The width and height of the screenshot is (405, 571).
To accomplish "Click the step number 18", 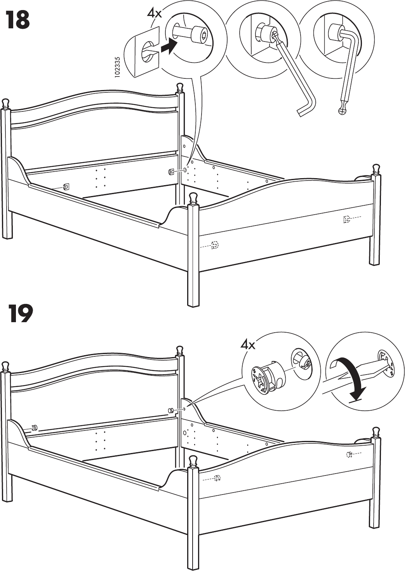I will pos(17,20).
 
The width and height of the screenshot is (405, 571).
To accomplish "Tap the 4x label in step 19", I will pos(248,344).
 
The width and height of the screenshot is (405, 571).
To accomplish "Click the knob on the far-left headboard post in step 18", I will pos(5,103).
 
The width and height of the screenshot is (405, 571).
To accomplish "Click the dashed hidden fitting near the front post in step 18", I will pos(215,245).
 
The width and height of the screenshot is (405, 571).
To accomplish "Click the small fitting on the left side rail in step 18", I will pos(66,187).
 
